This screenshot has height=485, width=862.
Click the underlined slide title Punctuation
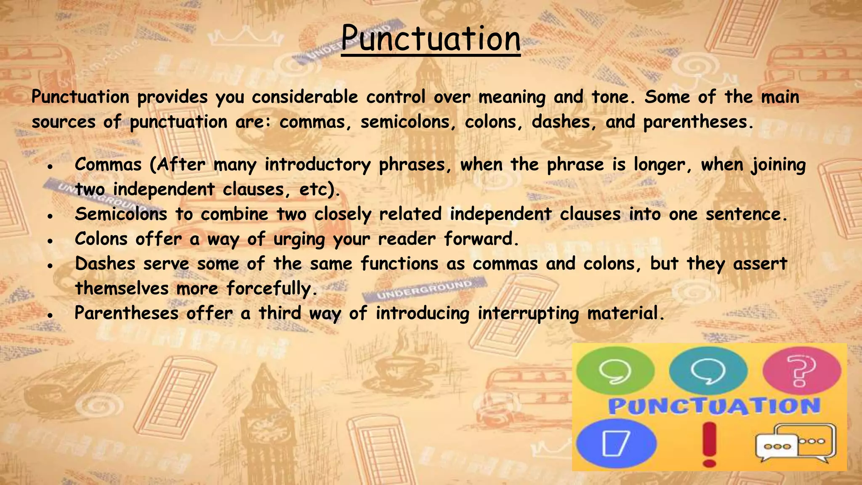[x=431, y=39]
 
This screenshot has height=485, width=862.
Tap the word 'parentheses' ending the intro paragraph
[x=695, y=122]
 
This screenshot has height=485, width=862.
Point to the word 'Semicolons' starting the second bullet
[x=121, y=214]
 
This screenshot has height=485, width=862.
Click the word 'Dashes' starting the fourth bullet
[x=105, y=264]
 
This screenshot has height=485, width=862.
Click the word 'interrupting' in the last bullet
[x=528, y=314]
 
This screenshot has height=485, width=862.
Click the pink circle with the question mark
[x=801, y=370]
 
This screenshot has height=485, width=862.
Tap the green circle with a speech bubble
[x=615, y=370]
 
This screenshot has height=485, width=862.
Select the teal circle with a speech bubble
[x=708, y=370]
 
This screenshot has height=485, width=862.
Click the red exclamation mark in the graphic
[x=709, y=444]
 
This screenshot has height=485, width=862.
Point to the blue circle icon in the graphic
[x=616, y=443]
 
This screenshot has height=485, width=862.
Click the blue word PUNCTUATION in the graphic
[x=714, y=406]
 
